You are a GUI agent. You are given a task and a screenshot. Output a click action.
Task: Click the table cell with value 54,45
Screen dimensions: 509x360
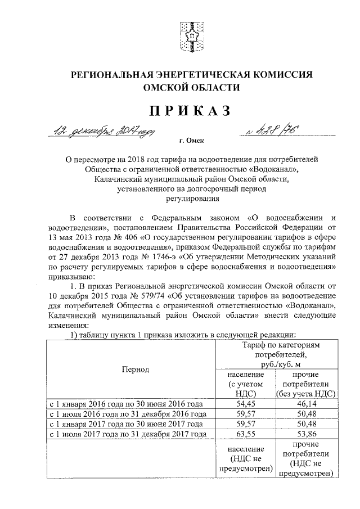244,404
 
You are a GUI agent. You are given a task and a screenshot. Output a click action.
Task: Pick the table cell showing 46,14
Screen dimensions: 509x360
305,404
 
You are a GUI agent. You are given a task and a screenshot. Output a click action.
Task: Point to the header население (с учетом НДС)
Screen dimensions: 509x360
244,384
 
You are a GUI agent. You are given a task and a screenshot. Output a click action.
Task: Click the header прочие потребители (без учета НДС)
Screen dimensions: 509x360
305,384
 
